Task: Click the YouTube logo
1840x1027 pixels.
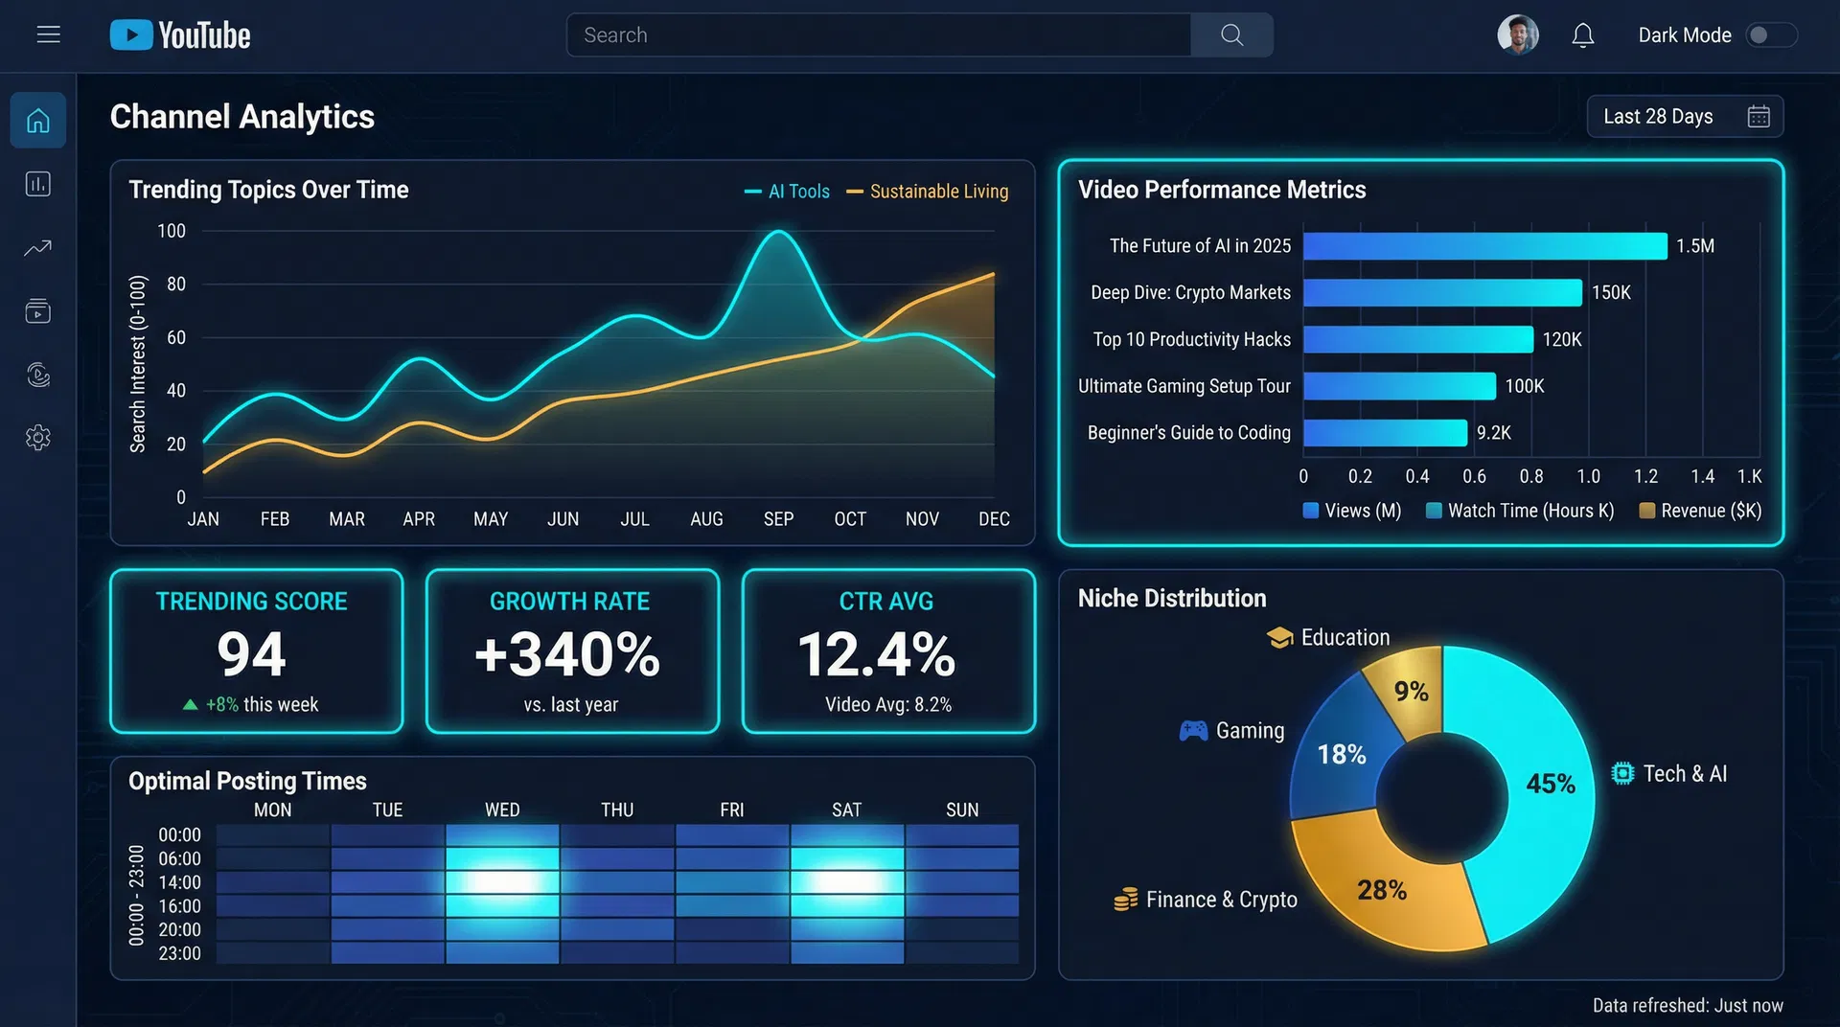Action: (x=180, y=35)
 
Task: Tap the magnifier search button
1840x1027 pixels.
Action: (x=1231, y=35)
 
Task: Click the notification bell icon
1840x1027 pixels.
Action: (x=1582, y=35)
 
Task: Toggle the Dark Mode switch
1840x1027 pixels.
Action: (x=1769, y=35)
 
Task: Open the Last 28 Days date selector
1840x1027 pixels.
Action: (x=1684, y=117)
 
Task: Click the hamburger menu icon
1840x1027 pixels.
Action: (x=48, y=35)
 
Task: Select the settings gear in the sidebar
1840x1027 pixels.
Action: (x=38, y=438)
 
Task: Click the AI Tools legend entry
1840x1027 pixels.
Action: (x=788, y=192)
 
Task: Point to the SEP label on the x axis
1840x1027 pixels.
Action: (x=778, y=519)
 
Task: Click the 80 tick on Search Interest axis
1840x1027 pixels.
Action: (x=176, y=285)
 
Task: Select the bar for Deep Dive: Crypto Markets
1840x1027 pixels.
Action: (x=1441, y=293)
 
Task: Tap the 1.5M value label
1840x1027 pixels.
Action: (x=1694, y=246)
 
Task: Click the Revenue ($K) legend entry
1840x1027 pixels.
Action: (x=1700, y=511)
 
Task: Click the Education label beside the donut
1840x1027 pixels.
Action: (x=1344, y=638)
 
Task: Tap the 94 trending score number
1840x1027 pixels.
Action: (x=251, y=654)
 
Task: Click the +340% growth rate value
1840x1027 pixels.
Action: (x=567, y=654)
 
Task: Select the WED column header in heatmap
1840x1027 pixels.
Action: (x=502, y=810)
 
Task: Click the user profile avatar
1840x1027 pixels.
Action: (x=1517, y=35)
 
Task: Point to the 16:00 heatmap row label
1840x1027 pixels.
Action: (x=179, y=906)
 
